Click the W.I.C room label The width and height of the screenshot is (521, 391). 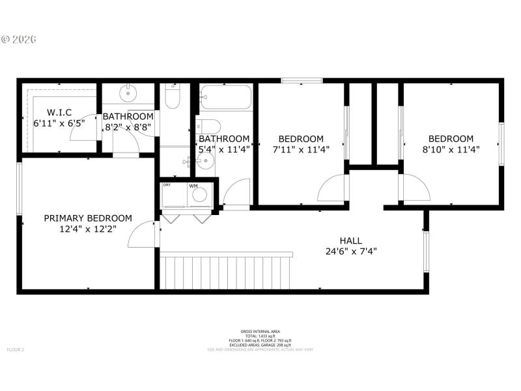[x=59, y=111]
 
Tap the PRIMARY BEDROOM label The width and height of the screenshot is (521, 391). [x=88, y=218]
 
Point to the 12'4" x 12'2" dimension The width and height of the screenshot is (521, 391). [x=88, y=229]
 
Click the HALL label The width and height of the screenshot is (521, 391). [x=351, y=240]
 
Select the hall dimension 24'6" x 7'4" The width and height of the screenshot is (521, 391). [x=351, y=251]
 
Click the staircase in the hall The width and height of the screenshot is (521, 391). [x=226, y=272]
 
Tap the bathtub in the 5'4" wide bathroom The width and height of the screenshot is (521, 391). [x=225, y=98]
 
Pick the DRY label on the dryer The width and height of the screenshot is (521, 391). [x=167, y=186]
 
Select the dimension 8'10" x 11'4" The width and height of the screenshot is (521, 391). [x=451, y=149]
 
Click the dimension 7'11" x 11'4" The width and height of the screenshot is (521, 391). [x=301, y=149]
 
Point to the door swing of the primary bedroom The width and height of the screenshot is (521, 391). [x=143, y=235]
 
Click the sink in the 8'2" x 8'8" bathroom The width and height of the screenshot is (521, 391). [x=129, y=92]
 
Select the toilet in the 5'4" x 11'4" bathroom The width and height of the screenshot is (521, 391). [x=210, y=125]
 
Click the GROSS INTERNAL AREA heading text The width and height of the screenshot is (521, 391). [x=260, y=332]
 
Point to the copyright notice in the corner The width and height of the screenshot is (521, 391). [x=20, y=39]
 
